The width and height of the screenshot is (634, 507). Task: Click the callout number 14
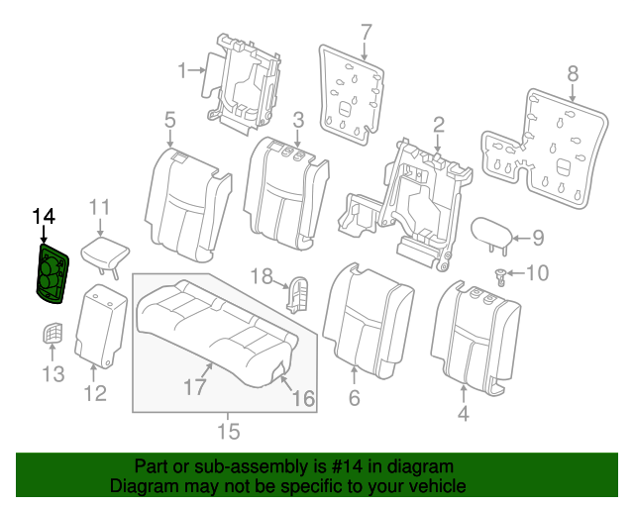coord(44,216)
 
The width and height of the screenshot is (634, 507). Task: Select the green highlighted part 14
coord(53,274)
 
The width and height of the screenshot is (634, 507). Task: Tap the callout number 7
coord(366,31)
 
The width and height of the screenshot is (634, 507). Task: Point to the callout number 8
coord(572,71)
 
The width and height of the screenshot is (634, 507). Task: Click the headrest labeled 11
coord(103,251)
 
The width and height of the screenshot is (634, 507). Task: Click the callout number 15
coord(229,432)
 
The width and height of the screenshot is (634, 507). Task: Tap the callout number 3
coord(298,120)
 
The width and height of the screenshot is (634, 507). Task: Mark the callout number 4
coord(463,415)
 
